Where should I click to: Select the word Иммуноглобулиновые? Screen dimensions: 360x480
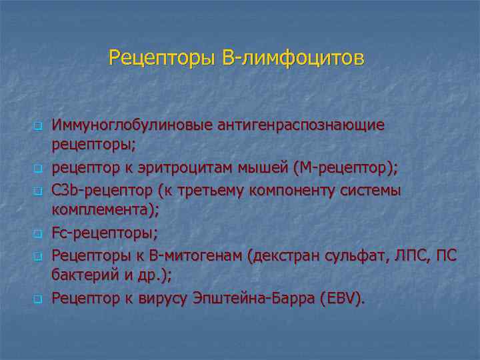(x=136, y=125)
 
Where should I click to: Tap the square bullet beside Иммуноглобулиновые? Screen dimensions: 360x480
(x=39, y=126)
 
